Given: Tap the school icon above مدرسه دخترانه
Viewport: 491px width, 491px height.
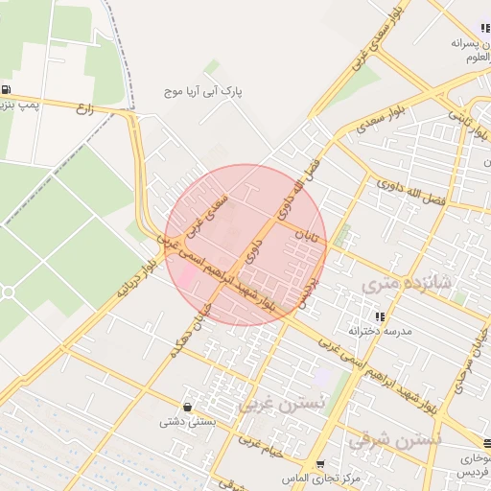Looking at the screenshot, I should point(381,316).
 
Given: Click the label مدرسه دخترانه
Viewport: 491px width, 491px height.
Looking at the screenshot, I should point(380,331).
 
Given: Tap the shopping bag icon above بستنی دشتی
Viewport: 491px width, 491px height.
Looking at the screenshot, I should point(186,407).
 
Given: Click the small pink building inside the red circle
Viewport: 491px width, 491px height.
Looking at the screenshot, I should point(187,275).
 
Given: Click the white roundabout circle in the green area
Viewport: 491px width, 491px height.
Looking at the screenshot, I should point(8,291).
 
